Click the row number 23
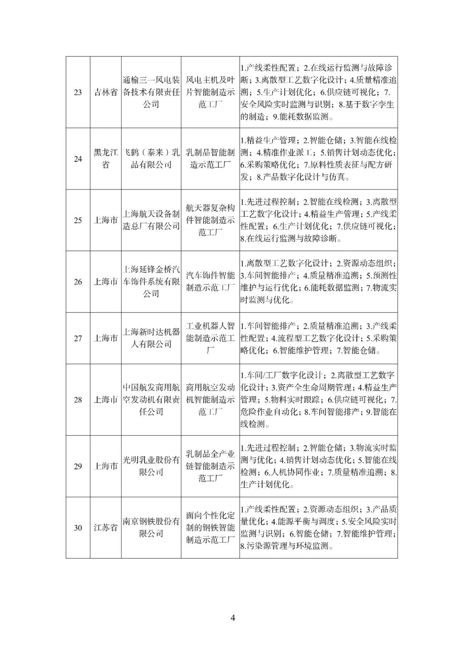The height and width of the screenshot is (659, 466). pos(78,92)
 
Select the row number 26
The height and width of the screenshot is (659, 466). pos(78,282)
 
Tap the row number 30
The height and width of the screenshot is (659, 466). pos(78,528)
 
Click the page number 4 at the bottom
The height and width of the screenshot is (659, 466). pos(233,618)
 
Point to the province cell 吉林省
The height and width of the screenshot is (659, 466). pos(106,92)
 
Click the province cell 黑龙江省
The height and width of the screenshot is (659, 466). pos(106,158)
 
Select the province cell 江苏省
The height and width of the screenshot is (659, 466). pos(106,528)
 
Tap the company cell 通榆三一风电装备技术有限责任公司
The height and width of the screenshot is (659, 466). pos(151,92)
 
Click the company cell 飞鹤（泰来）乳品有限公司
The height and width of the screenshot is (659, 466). pos(151,158)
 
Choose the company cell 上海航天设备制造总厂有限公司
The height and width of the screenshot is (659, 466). pos(151,220)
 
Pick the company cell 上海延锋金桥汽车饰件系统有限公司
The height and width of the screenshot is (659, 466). pos(151,282)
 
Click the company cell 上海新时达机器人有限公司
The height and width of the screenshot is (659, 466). pos(151,338)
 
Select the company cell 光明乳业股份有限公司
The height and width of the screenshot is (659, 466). pos(151,466)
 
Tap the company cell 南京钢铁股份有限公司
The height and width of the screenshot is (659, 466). pos(151,528)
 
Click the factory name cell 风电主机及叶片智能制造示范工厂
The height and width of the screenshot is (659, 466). pos(210,92)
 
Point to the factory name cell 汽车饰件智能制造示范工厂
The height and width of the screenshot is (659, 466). pos(210,282)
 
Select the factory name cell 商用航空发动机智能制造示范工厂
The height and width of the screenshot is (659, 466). pos(210,399)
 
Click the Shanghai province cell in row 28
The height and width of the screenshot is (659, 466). pos(106,399)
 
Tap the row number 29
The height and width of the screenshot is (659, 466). pos(78,466)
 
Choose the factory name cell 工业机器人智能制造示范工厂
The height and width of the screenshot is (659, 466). pos(210,338)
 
